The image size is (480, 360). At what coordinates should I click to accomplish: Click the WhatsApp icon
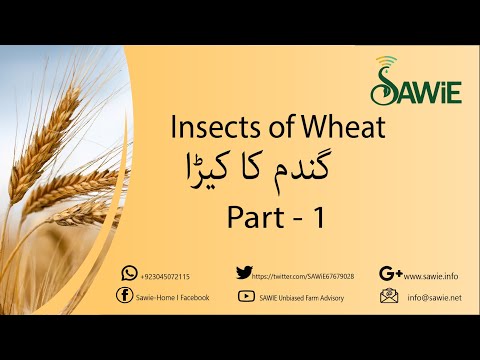(x=129, y=273)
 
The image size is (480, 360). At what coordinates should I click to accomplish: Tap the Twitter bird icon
(x=243, y=272)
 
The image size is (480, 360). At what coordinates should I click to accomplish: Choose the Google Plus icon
(x=391, y=273)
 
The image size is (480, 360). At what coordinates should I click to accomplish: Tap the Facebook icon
(x=124, y=295)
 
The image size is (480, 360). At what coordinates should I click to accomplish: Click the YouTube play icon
(x=245, y=296)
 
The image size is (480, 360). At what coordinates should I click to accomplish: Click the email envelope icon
(x=389, y=296)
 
